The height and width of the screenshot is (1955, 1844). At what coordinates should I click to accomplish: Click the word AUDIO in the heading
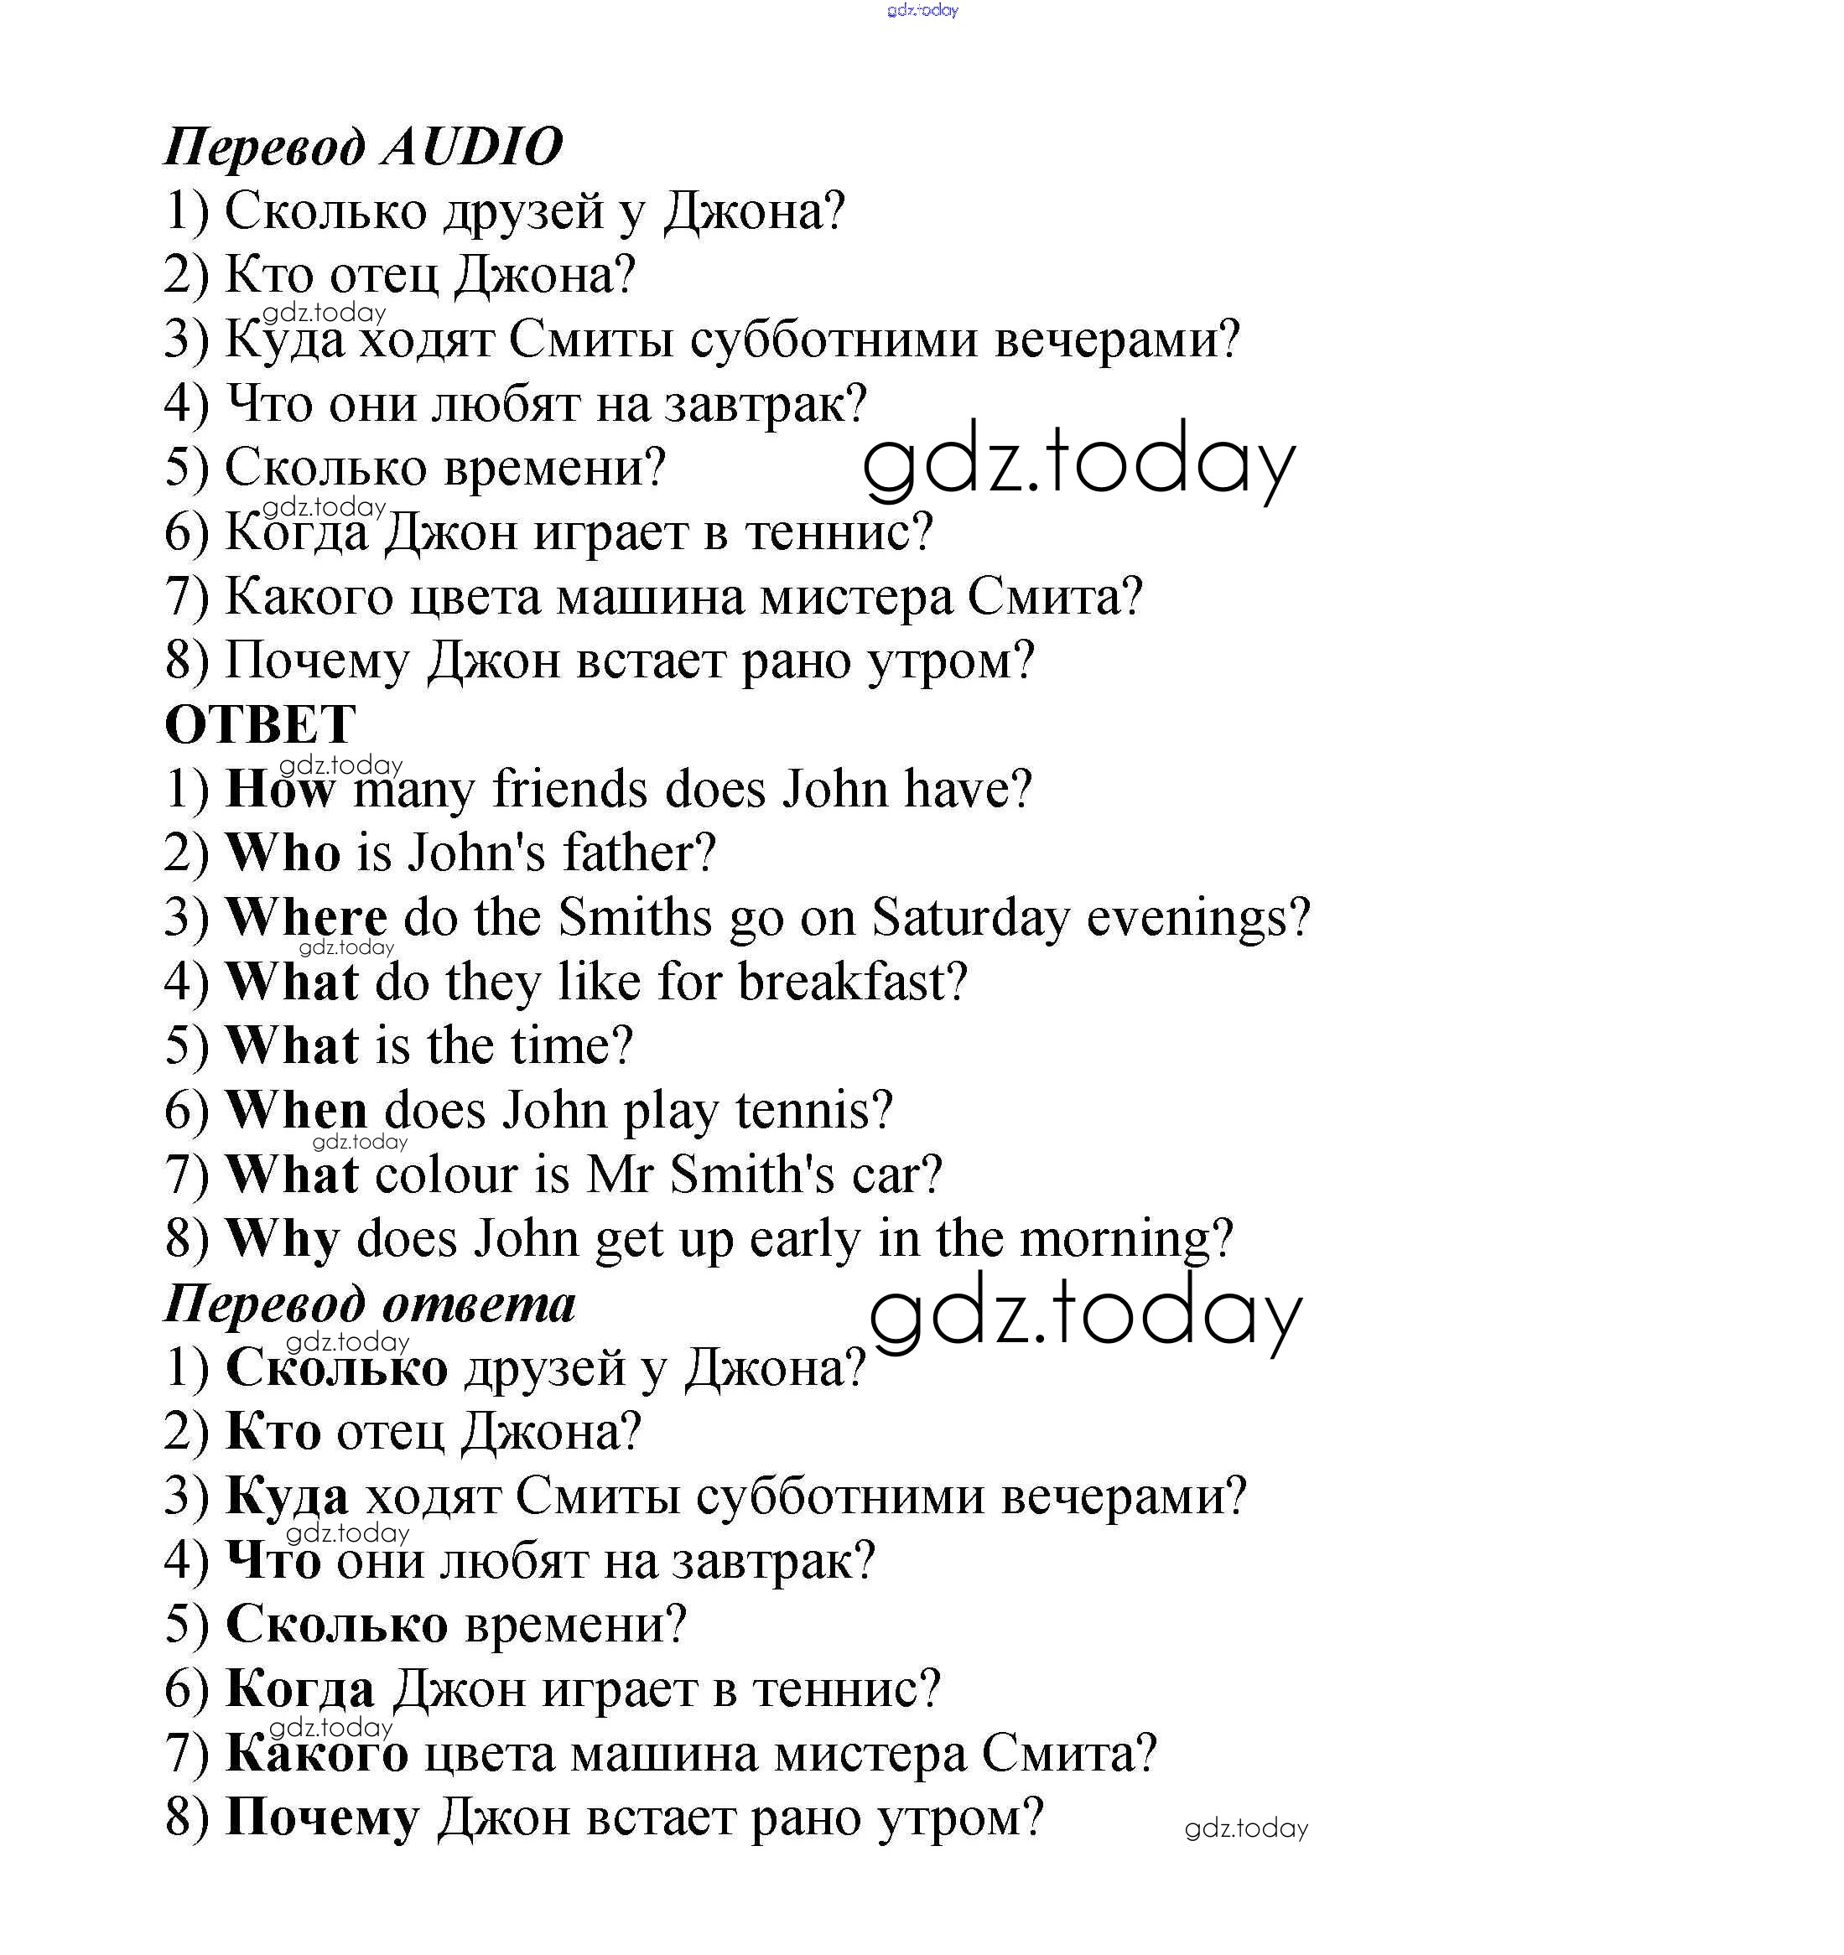tap(472, 148)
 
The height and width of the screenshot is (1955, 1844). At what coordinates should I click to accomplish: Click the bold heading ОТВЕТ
tap(260, 726)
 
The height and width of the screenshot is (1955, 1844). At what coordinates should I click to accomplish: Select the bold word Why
tap(283, 1239)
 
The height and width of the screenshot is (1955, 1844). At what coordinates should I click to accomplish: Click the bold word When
tap(296, 1110)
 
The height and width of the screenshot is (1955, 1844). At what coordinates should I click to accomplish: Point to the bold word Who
tap(283, 853)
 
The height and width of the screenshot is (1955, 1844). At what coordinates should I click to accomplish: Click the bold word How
tap(280, 789)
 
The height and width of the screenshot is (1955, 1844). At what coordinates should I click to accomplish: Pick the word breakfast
tap(852, 982)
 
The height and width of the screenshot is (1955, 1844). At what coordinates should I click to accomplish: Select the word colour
tap(446, 1175)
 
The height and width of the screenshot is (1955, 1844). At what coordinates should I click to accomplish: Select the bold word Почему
tap(322, 1818)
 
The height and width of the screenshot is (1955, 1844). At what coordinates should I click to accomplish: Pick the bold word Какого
tap(317, 1754)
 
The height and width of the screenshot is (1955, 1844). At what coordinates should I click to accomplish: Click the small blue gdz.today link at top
tap(922, 10)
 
